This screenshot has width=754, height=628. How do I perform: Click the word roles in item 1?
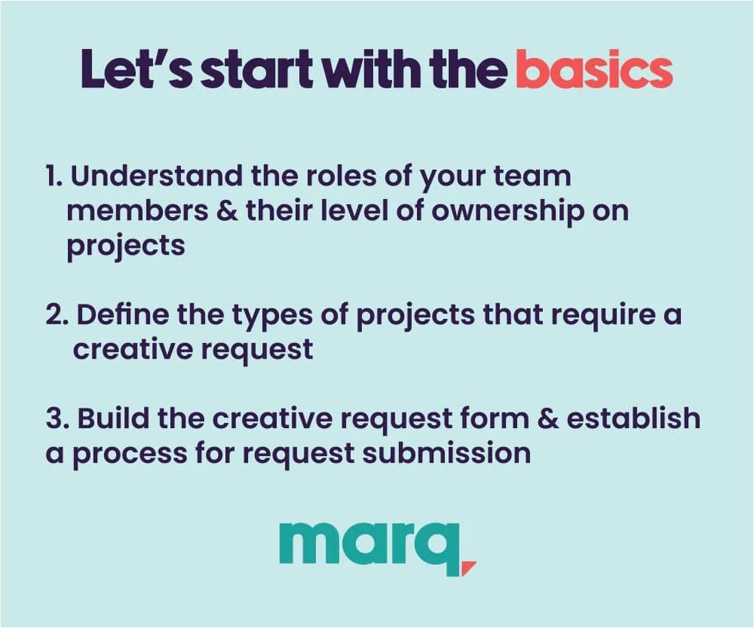[x=341, y=176]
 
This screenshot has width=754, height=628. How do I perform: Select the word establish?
[x=633, y=418]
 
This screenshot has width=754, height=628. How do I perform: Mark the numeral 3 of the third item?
[x=54, y=419]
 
